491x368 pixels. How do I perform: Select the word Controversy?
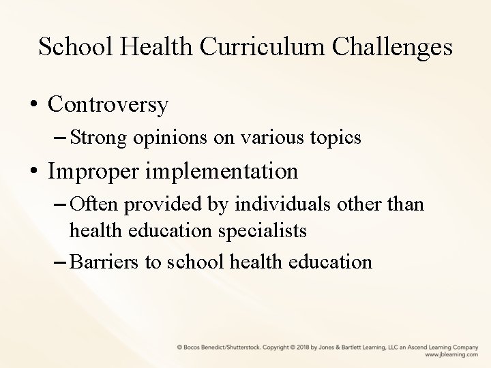click(108, 104)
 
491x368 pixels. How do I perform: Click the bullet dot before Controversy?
click(33, 105)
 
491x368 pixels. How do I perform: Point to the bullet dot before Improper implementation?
click(33, 172)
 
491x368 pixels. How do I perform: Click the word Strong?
click(100, 138)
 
